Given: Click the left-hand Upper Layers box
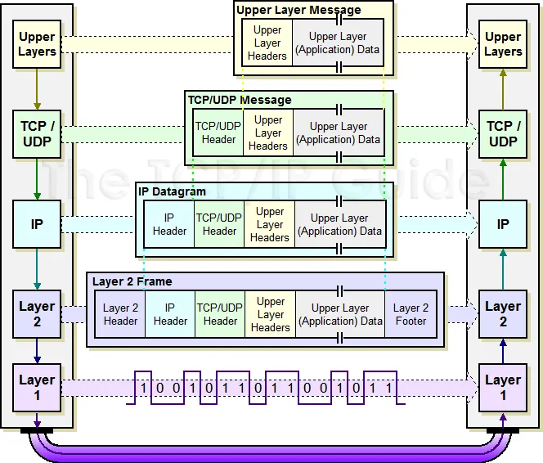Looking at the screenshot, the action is [x=37, y=44].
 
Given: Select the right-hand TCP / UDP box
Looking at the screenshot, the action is [x=503, y=134].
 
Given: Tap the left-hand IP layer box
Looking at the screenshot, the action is [x=37, y=224].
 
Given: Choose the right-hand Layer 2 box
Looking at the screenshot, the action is [x=503, y=314].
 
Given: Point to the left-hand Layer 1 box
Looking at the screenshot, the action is [x=37, y=388].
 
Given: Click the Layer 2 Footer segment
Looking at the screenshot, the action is [x=411, y=314].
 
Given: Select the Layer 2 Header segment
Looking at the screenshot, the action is [x=120, y=314].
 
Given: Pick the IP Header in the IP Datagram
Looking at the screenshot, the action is [x=169, y=224].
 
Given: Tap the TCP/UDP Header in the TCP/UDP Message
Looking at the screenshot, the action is [x=218, y=133].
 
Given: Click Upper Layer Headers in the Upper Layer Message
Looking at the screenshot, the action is [x=267, y=43].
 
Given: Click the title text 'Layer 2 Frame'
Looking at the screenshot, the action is [x=132, y=281].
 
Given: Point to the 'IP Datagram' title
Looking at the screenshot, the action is [x=172, y=191].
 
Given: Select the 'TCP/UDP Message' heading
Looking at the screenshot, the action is [x=240, y=100].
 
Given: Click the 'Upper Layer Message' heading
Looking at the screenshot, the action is [x=298, y=10].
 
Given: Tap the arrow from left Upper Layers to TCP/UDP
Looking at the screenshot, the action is [x=37, y=89].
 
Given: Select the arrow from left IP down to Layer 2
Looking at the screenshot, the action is [x=37, y=269].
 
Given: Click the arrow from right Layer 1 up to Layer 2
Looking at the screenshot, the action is [x=503, y=351].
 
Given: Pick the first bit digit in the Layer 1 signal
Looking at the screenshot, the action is [x=143, y=388].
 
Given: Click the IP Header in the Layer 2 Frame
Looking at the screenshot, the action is [x=170, y=314].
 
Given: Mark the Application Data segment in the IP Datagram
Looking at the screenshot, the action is [x=340, y=224].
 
